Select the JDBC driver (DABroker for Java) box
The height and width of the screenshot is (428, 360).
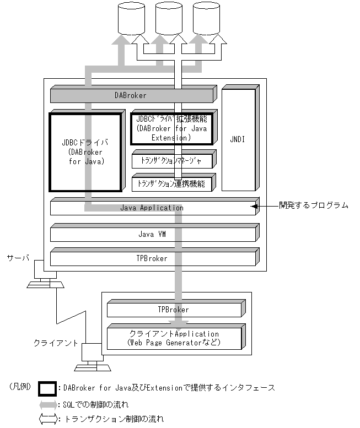click(84, 150)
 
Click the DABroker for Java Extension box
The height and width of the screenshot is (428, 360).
click(171, 127)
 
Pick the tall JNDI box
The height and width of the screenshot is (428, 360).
click(238, 140)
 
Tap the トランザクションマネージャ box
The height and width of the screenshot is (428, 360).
click(173, 161)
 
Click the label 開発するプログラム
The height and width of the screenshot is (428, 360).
click(313, 205)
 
